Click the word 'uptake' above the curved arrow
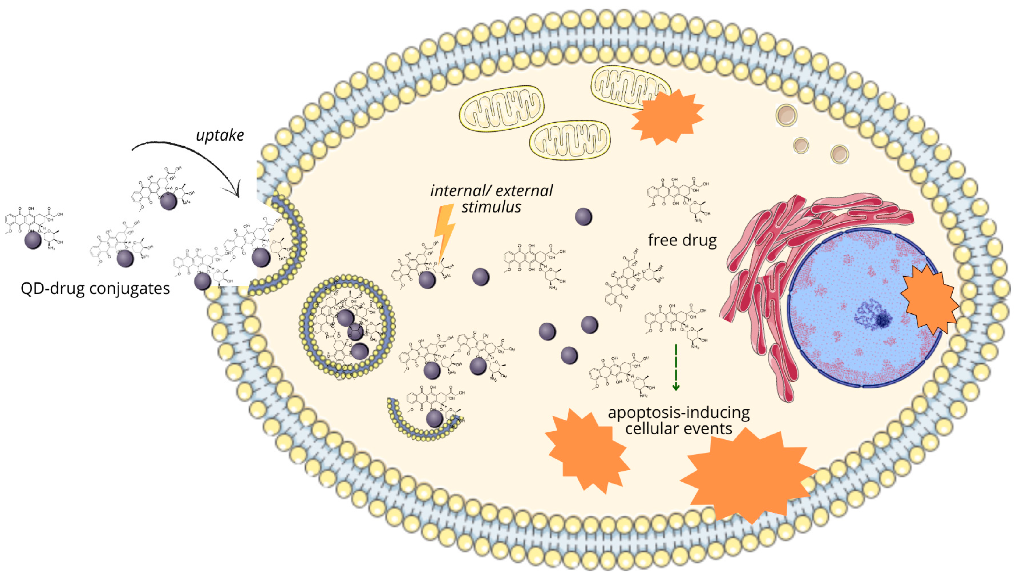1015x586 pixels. click(220, 135)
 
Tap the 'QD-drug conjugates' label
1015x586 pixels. click(95, 288)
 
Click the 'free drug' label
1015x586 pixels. click(682, 240)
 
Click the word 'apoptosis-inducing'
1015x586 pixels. click(678, 413)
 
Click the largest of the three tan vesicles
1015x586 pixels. click(786, 115)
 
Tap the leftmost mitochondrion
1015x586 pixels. click(502, 108)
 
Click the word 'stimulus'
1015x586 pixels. click(491, 207)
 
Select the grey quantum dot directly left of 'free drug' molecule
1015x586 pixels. click(583, 217)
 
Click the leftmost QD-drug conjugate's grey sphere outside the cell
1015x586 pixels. click(33, 240)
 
